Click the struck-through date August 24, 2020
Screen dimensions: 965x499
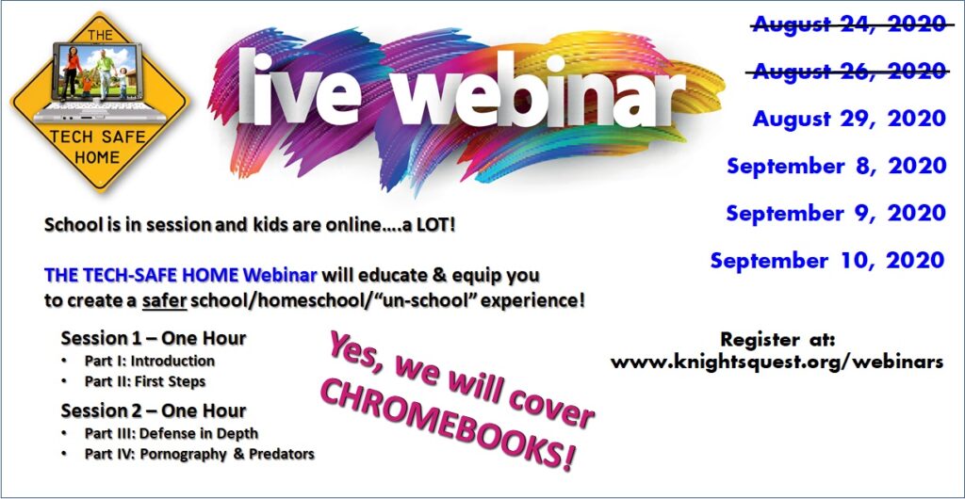849,24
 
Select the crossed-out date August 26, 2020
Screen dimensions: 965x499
848,72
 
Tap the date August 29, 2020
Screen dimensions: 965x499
849,119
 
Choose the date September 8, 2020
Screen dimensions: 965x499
837,166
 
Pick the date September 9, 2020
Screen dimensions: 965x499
837,213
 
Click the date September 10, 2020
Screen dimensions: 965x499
827,260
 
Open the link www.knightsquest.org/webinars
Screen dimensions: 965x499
777,362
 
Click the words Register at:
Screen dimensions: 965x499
777,339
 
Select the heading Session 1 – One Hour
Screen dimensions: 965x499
154,338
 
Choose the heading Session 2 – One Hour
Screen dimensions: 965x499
154,410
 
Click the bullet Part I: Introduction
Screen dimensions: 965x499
150,361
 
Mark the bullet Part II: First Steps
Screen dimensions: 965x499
145,381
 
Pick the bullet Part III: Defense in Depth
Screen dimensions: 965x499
172,433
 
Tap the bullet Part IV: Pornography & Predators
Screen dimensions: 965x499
200,455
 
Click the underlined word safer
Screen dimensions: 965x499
164,301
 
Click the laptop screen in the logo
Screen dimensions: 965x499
98,72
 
